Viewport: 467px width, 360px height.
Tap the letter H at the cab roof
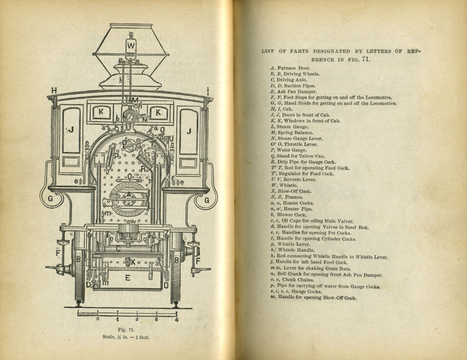click(54, 91)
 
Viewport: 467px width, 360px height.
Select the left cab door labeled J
click(71, 130)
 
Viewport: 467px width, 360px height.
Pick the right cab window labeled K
click(158, 112)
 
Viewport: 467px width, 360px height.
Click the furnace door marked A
click(129, 195)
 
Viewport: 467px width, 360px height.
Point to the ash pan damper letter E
click(127, 278)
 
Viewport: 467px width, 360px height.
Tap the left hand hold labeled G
click(51, 199)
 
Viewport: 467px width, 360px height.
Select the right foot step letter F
click(198, 260)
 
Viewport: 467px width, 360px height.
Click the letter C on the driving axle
click(118, 248)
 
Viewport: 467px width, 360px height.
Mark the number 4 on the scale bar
click(176, 319)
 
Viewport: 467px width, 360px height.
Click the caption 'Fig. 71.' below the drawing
click(126, 330)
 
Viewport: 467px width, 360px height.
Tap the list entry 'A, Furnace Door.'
click(290, 68)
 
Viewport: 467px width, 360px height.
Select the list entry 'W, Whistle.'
click(284, 186)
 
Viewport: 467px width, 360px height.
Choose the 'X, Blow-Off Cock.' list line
click(291, 191)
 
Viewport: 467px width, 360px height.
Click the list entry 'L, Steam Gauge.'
click(289, 127)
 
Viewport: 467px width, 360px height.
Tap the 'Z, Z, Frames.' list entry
click(286, 197)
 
